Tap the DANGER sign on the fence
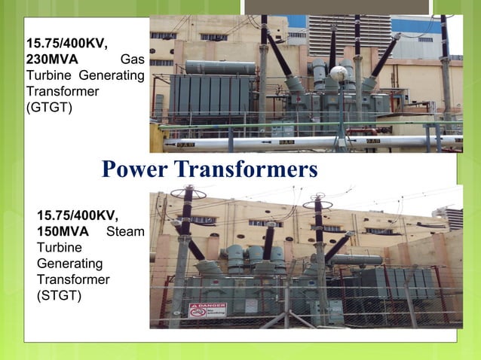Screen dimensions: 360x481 [197, 310]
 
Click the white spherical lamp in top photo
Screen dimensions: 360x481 [339, 74]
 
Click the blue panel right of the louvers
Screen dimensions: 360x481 [415, 26]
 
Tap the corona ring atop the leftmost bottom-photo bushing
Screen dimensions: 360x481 [182, 193]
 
